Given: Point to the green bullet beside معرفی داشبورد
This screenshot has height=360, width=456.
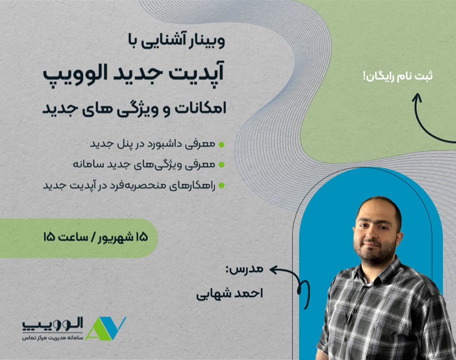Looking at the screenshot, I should (222, 144).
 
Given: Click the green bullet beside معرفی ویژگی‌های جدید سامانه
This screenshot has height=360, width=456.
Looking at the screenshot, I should (222, 165).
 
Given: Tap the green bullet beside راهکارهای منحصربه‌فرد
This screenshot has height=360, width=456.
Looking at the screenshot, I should (222, 186).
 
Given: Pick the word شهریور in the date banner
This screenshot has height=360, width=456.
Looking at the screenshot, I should (114, 238).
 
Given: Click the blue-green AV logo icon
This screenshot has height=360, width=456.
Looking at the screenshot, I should (106, 328).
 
